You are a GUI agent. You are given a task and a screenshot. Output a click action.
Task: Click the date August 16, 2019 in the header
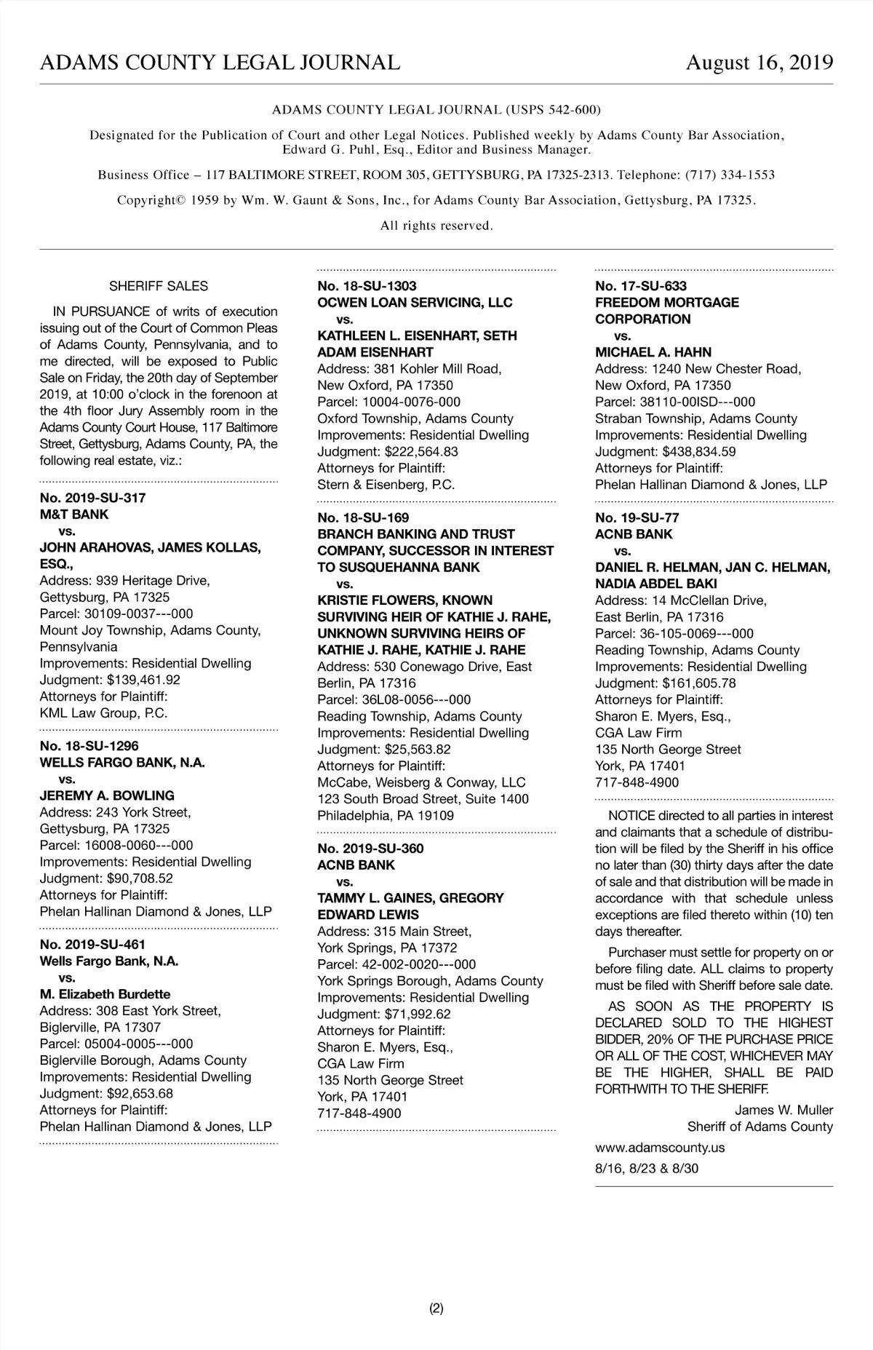pyautogui.click(x=760, y=63)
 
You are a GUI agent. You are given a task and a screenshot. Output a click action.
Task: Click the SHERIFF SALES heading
pyautogui.click(x=159, y=286)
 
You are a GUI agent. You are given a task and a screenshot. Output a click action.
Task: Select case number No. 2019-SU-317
pyautogui.click(x=92, y=498)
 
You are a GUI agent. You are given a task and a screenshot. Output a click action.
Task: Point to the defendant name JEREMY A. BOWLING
pyautogui.click(x=107, y=795)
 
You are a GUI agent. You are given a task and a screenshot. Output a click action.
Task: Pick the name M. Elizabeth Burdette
pyautogui.click(x=105, y=994)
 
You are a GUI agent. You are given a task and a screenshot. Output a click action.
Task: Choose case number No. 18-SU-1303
pyautogui.click(x=367, y=286)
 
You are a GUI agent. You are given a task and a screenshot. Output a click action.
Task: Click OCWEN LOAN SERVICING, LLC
pyautogui.click(x=415, y=303)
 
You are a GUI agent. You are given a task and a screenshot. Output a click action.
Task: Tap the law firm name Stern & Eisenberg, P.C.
pyautogui.click(x=386, y=485)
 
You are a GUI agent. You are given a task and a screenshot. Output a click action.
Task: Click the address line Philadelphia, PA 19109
pyautogui.click(x=386, y=816)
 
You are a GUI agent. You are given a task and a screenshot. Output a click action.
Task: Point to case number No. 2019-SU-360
pyautogui.click(x=370, y=849)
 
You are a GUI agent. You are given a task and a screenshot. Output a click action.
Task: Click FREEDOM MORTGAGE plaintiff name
pyautogui.click(x=666, y=303)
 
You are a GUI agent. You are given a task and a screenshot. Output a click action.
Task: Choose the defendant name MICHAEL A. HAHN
pyautogui.click(x=653, y=352)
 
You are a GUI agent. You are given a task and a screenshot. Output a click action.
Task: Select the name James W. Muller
pyautogui.click(x=784, y=1110)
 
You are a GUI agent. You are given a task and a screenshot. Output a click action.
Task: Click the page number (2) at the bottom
pyautogui.click(x=436, y=1309)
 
